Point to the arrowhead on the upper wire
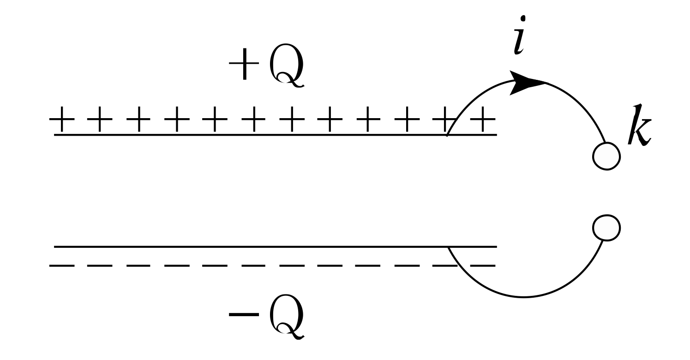click(526, 83)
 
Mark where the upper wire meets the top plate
click(448, 135)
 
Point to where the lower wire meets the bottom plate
click(449, 247)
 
